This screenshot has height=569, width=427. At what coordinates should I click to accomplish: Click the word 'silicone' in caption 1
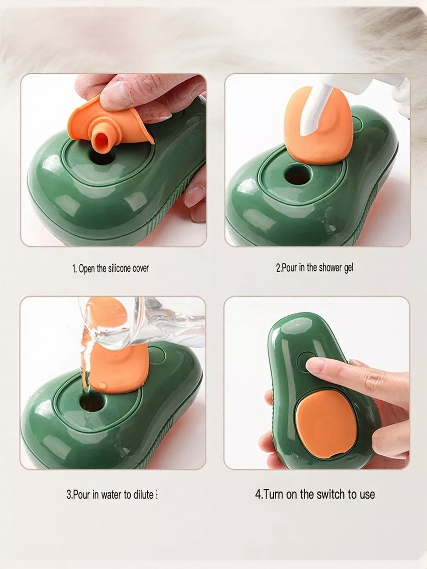click(120, 268)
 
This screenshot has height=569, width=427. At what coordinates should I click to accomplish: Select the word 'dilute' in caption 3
click(143, 495)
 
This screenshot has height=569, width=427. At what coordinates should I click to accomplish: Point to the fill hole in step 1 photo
click(102, 157)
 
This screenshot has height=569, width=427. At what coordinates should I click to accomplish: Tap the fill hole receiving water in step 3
click(92, 402)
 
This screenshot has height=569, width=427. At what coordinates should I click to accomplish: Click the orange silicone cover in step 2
click(319, 126)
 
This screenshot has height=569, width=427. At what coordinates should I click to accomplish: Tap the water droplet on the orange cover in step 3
click(102, 385)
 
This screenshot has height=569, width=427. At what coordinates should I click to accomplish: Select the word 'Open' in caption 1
click(87, 268)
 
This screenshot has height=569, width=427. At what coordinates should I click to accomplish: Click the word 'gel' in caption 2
click(348, 268)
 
